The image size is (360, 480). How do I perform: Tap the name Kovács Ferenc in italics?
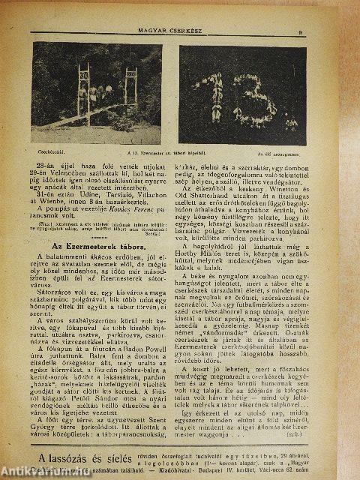[122, 204]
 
